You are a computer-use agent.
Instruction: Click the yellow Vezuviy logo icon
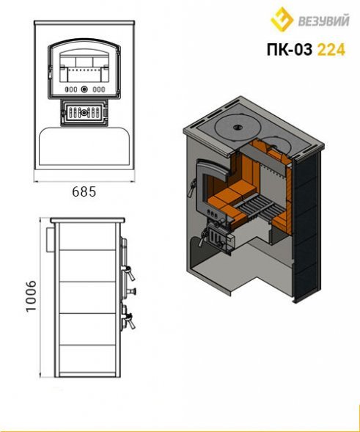pos(282,19)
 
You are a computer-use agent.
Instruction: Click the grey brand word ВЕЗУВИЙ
pos(323,21)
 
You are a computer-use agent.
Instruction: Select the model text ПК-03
pos(290,50)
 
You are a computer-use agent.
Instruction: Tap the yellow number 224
pos(331,50)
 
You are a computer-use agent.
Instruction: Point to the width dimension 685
pos(84,191)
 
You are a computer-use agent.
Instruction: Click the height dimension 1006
pos(31,296)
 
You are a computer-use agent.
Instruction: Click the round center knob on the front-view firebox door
pos(84,89)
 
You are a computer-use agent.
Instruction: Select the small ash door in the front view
pos(84,112)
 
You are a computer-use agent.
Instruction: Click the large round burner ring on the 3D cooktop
pos(236,128)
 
